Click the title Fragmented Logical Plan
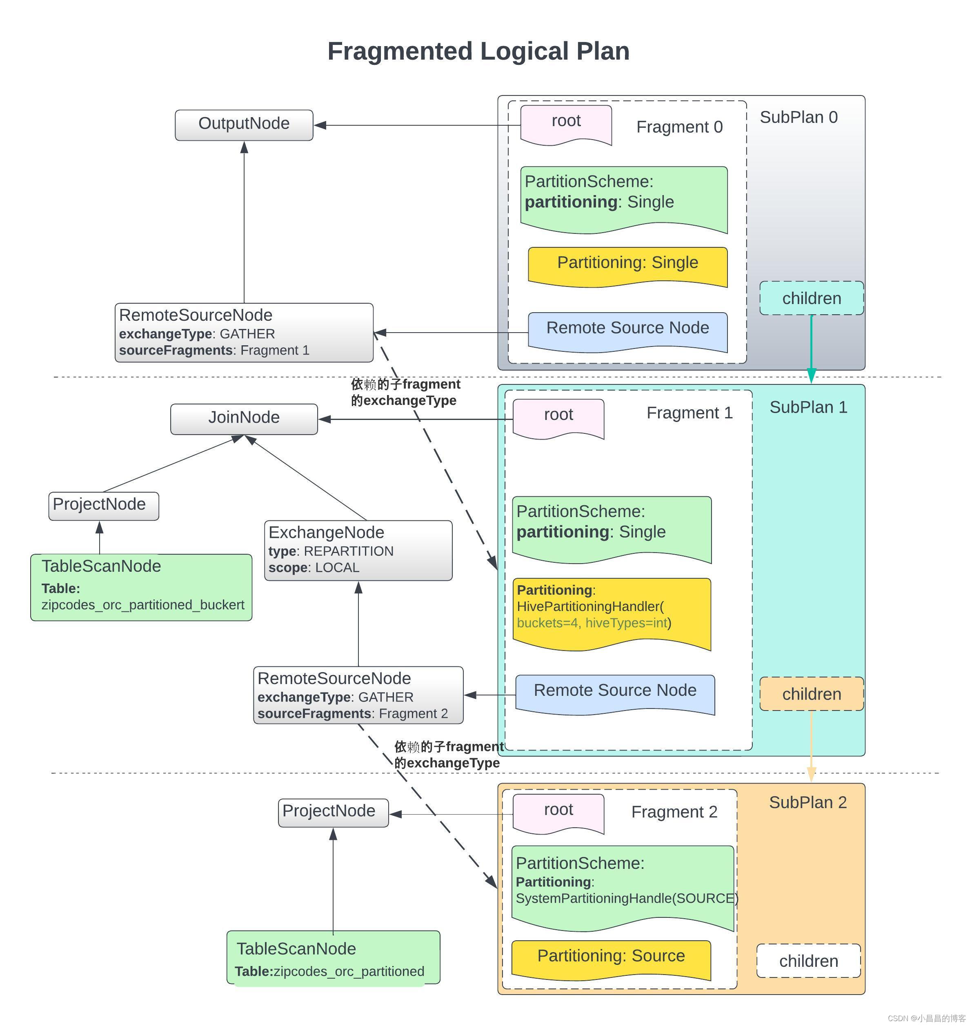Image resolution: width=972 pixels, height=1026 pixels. coord(478,51)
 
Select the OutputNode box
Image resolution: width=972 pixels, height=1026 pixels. coord(244,125)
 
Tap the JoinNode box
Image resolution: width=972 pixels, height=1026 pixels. coord(244,419)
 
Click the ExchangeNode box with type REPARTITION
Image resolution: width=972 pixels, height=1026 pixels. coord(358,551)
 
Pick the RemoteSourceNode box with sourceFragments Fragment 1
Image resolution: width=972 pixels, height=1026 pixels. coord(244,333)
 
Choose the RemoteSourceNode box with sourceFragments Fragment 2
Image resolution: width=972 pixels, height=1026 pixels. coord(358,695)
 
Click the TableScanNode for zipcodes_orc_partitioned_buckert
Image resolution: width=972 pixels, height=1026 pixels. coord(141,587)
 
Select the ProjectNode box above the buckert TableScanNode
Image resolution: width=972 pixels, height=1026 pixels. coord(104,506)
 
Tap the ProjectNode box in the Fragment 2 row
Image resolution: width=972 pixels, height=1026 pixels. coord(333,813)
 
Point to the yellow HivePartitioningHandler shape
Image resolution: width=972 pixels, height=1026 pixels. coord(612,614)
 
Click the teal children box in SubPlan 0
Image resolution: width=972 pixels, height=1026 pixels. coord(812,298)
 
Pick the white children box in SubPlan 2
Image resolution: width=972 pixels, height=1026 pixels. coord(808,961)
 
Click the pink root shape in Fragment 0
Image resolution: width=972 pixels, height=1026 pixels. coord(566,125)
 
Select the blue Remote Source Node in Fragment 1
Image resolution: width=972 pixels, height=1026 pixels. coord(615,695)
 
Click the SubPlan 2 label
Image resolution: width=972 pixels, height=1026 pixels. coord(808,802)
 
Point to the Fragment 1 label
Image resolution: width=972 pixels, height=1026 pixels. coord(690,413)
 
